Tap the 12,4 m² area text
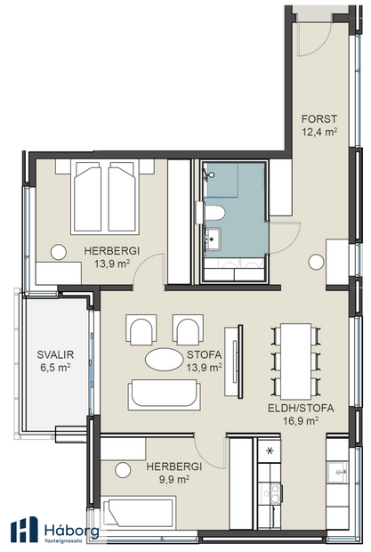(318, 133)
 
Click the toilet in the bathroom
(216, 215)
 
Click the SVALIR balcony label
(55, 353)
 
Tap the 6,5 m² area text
(55, 366)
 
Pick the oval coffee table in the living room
(166, 361)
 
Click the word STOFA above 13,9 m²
(203, 353)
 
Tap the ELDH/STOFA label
(300, 409)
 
